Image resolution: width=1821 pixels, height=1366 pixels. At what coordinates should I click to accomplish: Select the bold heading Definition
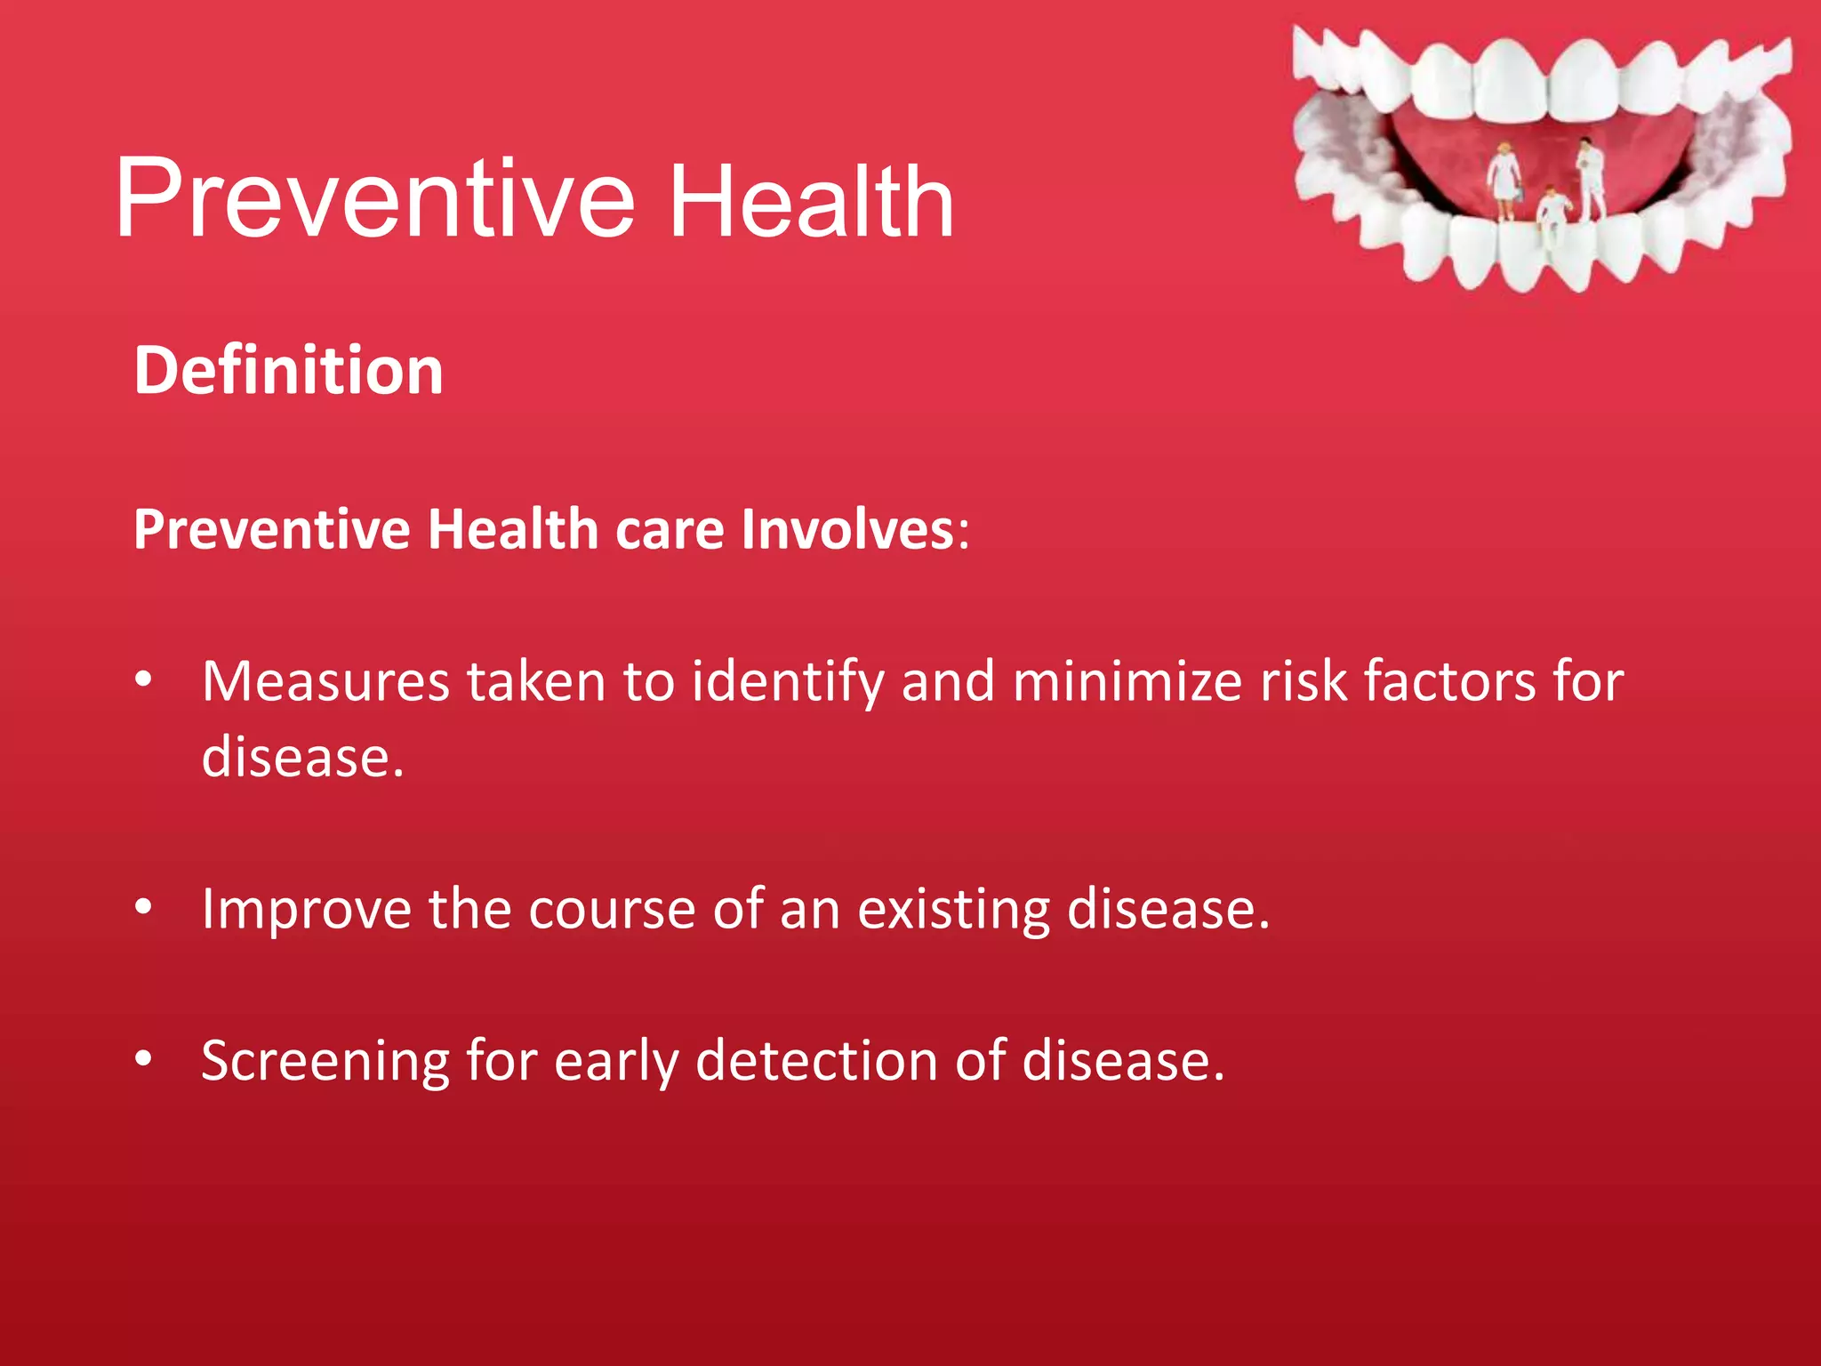pos(288,371)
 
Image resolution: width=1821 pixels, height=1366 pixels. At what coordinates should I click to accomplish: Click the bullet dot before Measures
pos(144,681)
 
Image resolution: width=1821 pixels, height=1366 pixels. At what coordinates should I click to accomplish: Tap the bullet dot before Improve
pos(144,908)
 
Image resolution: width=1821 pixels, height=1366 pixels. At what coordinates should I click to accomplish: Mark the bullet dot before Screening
pos(144,1059)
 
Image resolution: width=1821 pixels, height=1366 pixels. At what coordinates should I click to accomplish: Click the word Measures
pos(325,682)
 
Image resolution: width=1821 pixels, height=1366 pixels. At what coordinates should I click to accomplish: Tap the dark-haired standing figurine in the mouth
pos(1589,177)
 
